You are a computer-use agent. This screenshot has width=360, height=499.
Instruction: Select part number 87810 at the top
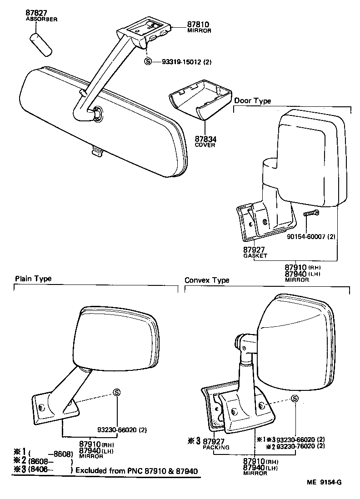[197, 24]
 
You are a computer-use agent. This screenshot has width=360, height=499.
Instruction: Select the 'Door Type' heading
[252, 101]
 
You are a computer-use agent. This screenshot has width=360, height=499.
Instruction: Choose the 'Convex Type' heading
[207, 280]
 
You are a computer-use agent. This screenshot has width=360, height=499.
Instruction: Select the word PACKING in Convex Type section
[216, 447]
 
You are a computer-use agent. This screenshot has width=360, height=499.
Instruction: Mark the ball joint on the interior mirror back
[97, 115]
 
